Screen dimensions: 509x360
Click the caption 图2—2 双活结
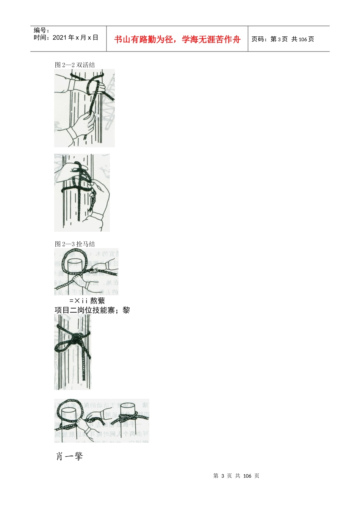(x=75, y=65)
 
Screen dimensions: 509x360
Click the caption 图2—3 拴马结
(x=75, y=244)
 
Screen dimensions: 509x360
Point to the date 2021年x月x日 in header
(x=75, y=37)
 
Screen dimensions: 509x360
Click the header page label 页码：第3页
(x=269, y=39)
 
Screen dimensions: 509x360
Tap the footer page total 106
(x=247, y=476)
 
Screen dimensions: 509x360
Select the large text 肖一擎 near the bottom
(x=69, y=456)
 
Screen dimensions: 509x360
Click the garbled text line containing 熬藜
(x=87, y=301)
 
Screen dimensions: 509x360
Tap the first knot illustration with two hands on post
(x=84, y=108)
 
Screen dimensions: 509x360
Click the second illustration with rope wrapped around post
(x=82, y=192)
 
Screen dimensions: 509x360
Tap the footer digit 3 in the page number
(x=223, y=476)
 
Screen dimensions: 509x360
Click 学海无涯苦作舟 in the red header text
(x=211, y=39)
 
